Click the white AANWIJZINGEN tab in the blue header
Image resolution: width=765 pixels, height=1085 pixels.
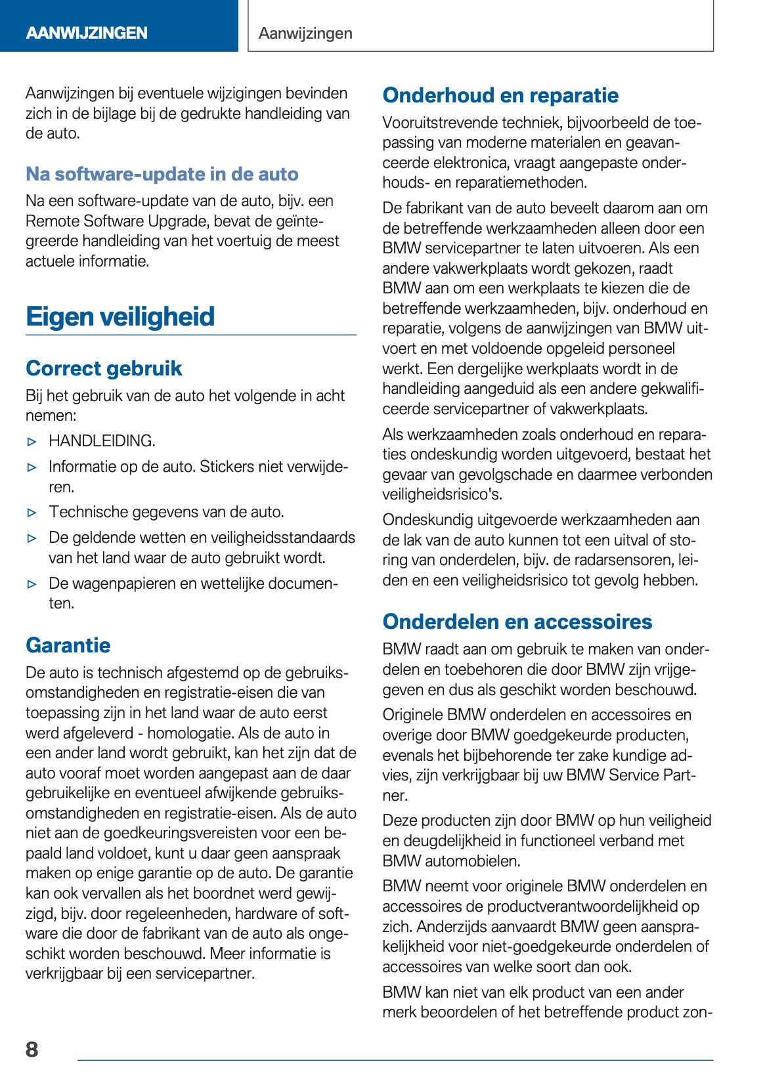[x=87, y=33]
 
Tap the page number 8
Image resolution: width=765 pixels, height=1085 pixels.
[x=32, y=1049]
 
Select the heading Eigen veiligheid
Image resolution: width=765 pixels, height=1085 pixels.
[x=120, y=316]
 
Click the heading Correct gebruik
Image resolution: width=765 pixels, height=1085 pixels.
[x=104, y=368]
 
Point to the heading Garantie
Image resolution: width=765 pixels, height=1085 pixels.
[x=68, y=645]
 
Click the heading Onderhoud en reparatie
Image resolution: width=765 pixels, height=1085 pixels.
[x=500, y=95]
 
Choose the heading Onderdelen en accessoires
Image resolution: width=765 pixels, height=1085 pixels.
[x=517, y=622]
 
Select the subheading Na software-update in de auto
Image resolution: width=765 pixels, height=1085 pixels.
[x=162, y=174]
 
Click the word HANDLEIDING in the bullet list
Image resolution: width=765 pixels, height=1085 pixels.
[x=102, y=441]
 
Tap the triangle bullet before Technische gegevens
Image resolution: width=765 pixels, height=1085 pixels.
[x=33, y=513]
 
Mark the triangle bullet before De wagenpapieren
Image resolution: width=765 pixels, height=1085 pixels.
[x=33, y=584]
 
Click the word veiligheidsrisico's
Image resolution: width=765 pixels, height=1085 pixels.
[x=443, y=494]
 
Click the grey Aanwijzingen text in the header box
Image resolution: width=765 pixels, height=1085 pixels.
[x=305, y=33]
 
